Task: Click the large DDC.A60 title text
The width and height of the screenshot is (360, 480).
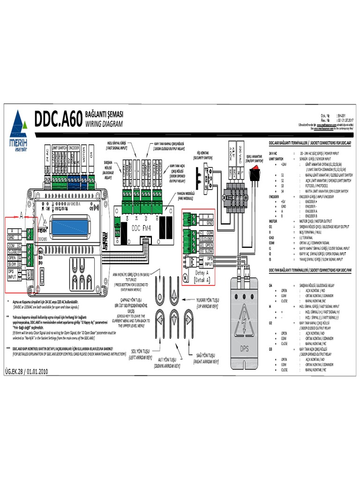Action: click(58, 119)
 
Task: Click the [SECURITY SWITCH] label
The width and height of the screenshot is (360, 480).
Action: click(204, 158)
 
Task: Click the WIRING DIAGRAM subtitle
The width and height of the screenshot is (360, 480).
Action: click(104, 125)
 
